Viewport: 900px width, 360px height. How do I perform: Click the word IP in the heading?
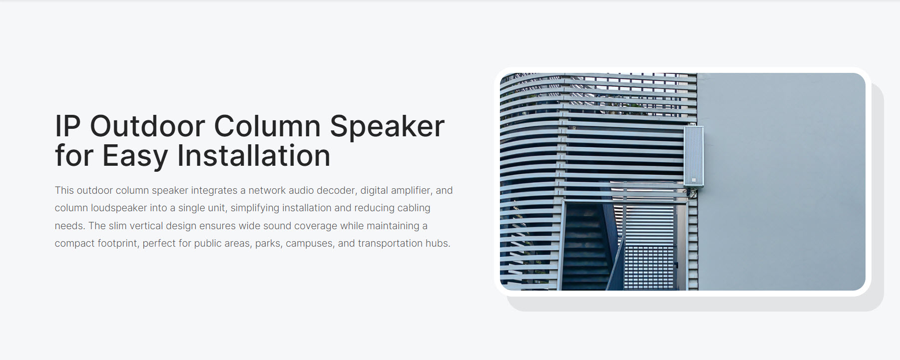pos(67,126)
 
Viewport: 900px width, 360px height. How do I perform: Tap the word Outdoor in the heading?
pos(147,126)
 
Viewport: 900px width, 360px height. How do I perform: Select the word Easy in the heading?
pos(135,156)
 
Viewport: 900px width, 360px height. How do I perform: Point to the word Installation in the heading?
pos(254,155)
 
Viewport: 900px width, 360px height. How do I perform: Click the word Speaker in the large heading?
pos(387,127)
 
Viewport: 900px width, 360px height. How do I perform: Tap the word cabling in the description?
pos(414,208)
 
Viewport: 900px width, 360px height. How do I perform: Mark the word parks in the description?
pos(268,244)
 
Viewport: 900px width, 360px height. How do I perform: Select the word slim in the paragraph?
pos(117,226)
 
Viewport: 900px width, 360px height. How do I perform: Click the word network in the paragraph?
pos(267,190)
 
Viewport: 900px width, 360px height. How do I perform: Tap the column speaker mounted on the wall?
pos(694,156)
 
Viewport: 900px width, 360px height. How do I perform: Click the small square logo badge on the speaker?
pos(693,180)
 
